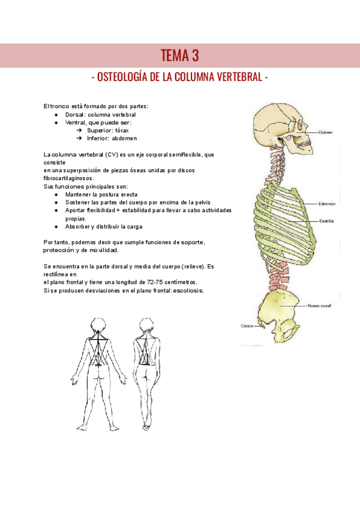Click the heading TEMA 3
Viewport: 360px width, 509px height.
pos(180,56)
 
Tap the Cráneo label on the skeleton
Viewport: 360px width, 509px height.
pos(326,132)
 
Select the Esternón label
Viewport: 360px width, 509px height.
pos(327,204)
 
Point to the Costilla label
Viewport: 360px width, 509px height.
pos(327,221)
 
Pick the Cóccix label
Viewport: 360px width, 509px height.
pos(248,326)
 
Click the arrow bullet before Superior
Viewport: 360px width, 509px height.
pos(79,130)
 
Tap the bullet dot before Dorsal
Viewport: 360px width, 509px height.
pos(56,114)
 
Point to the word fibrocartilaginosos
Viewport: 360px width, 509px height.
pos(68,178)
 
